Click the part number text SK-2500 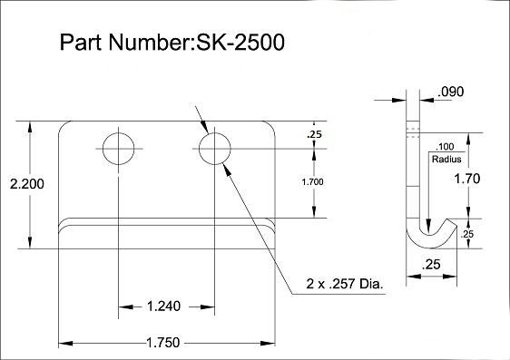(240, 43)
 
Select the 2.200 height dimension (27, 184)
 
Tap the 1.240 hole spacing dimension (163, 306)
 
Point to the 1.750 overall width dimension (163, 343)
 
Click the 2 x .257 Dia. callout (345, 284)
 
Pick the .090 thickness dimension (451, 92)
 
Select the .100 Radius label (446, 153)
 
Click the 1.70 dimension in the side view (467, 179)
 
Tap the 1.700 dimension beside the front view (312, 182)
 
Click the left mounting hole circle (103, 149)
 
